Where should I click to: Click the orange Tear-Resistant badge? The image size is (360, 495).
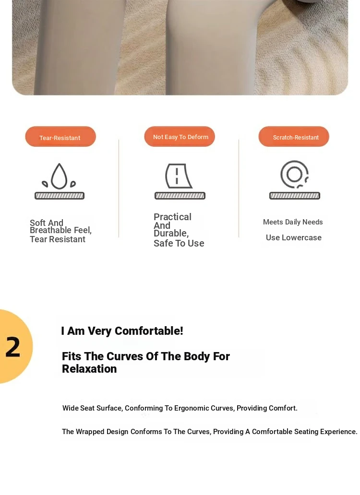(60, 136)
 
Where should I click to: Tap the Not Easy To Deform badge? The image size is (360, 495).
(180, 136)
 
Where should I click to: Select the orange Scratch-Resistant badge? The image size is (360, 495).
(294, 136)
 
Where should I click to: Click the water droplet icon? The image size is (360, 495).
(60, 176)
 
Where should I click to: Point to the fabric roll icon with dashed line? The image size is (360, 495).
(179, 176)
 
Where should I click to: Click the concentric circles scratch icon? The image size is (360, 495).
(294, 174)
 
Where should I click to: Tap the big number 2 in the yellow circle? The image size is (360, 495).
(13, 347)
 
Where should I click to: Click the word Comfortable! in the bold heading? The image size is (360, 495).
(149, 331)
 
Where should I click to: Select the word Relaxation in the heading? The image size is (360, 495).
(89, 369)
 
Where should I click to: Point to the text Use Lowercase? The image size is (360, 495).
(294, 237)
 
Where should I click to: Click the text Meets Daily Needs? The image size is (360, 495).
(293, 222)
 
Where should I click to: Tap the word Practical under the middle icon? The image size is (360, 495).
(172, 217)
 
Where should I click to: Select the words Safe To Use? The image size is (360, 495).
(179, 243)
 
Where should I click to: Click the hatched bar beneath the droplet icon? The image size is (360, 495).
(60, 196)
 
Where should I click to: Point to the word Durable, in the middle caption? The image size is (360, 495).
(171, 233)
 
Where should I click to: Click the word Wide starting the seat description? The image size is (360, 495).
(70, 408)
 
